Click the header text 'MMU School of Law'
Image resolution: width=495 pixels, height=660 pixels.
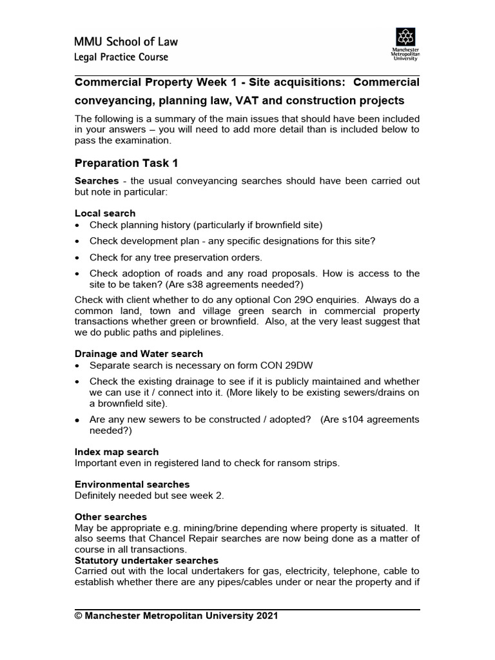tap(126, 42)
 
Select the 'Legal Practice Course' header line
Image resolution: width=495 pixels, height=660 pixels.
tap(122, 57)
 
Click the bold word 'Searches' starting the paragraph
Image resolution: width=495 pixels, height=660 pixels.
tap(97, 181)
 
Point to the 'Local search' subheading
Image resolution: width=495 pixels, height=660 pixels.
tap(105, 213)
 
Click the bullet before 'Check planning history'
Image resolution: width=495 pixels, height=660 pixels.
tap(78, 225)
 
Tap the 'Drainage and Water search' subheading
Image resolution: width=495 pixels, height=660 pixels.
tap(139, 353)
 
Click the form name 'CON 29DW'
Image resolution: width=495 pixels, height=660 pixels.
tap(291, 365)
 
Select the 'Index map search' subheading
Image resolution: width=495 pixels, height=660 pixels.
tap(117, 452)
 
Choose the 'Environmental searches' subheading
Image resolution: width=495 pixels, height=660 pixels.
tap(132, 484)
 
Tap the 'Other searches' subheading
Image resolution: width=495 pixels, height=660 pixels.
tap(111, 517)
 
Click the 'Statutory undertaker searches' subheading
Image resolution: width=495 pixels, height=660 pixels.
tap(146, 560)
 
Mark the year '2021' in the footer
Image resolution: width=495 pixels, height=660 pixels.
tap(267, 616)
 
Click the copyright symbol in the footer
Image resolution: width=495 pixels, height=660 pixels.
tap(79, 616)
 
